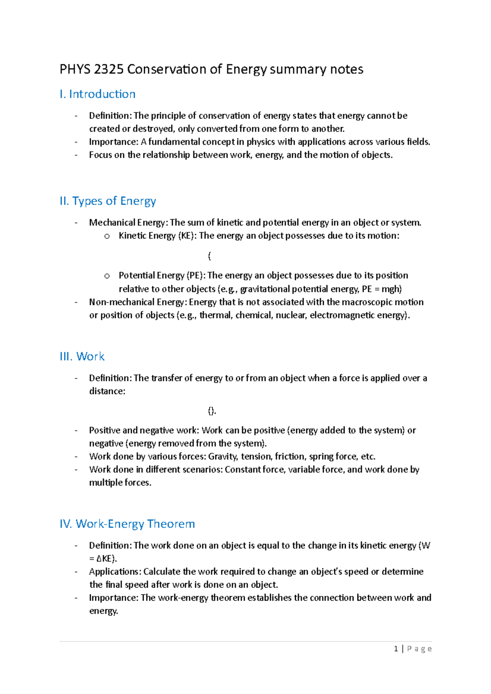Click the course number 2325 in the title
[108, 69]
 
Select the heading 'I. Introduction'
[97, 94]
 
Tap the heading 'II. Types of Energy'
[108, 201]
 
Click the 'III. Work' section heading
[82, 356]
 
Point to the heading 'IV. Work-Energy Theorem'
[127, 524]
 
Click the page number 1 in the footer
[396, 649]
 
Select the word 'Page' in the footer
[419, 649]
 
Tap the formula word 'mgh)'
[392, 289]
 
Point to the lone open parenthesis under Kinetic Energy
[209, 256]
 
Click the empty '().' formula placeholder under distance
[212, 411]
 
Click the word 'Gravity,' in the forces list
[223, 457]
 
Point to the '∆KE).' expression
[106, 559]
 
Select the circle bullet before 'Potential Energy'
[107, 276]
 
